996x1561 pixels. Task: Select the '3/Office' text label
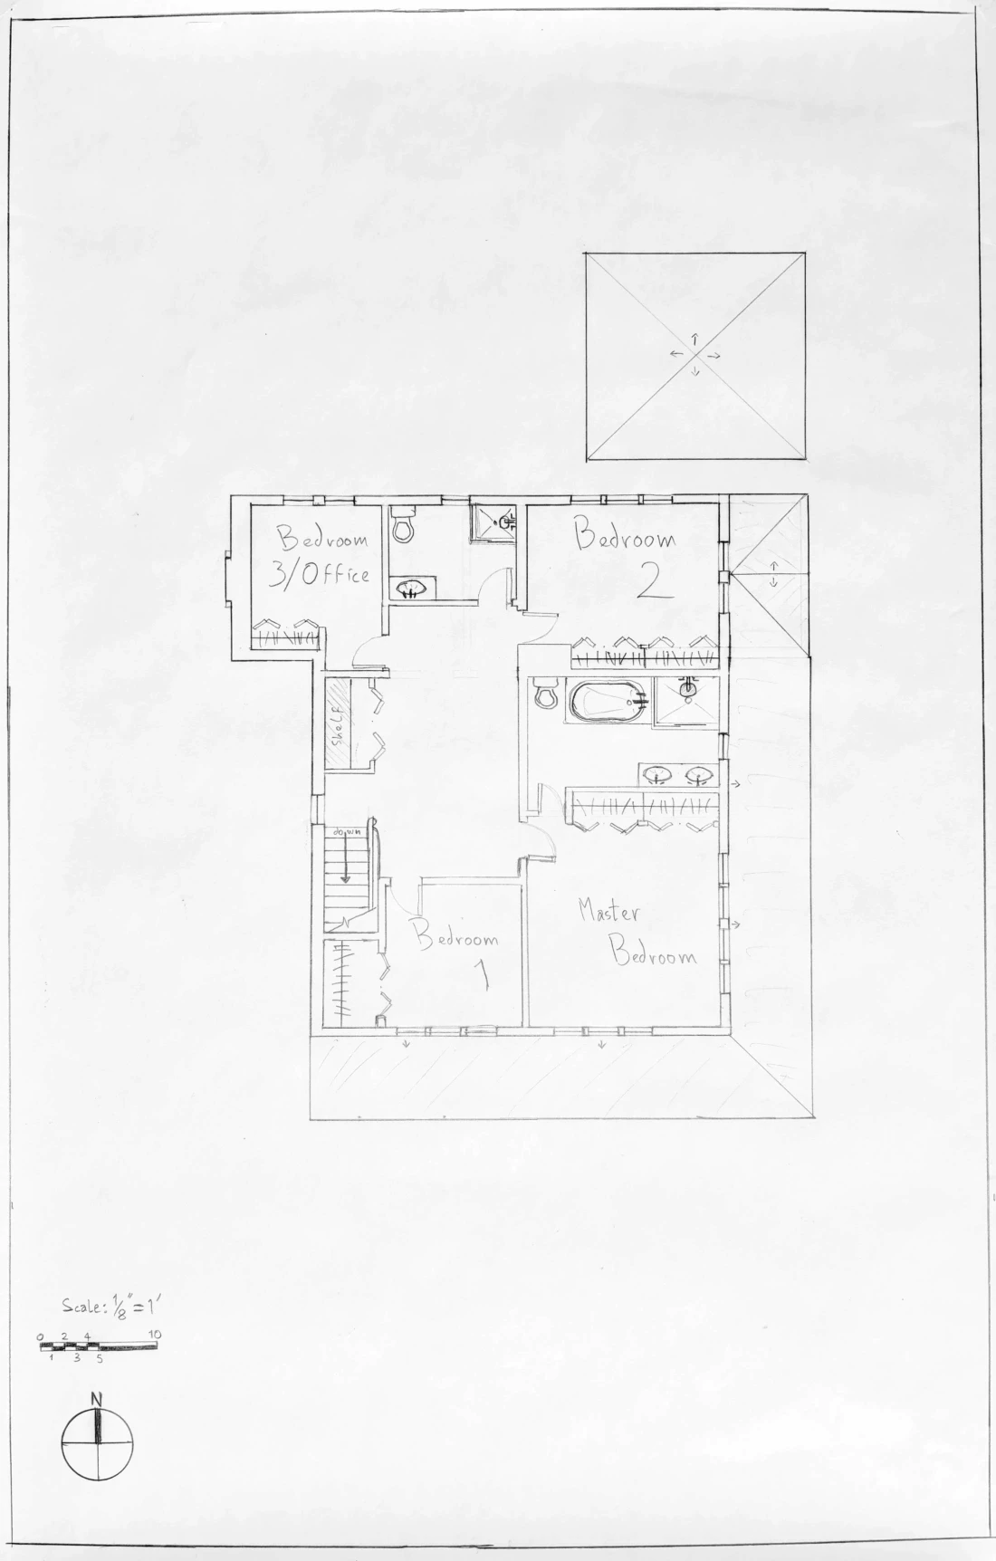click(x=321, y=574)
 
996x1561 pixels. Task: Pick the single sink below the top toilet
click(x=413, y=589)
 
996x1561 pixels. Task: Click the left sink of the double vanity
click(x=657, y=775)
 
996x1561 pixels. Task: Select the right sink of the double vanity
click(x=698, y=775)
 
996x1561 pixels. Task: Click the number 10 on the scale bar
click(x=154, y=1336)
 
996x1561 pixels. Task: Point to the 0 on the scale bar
click(x=41, y=1336)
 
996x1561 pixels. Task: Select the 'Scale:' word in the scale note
click(x=81, y=1306)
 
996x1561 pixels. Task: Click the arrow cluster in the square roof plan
click(x=694, y=355)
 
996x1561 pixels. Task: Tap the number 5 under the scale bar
click(x=99, y=1358)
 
